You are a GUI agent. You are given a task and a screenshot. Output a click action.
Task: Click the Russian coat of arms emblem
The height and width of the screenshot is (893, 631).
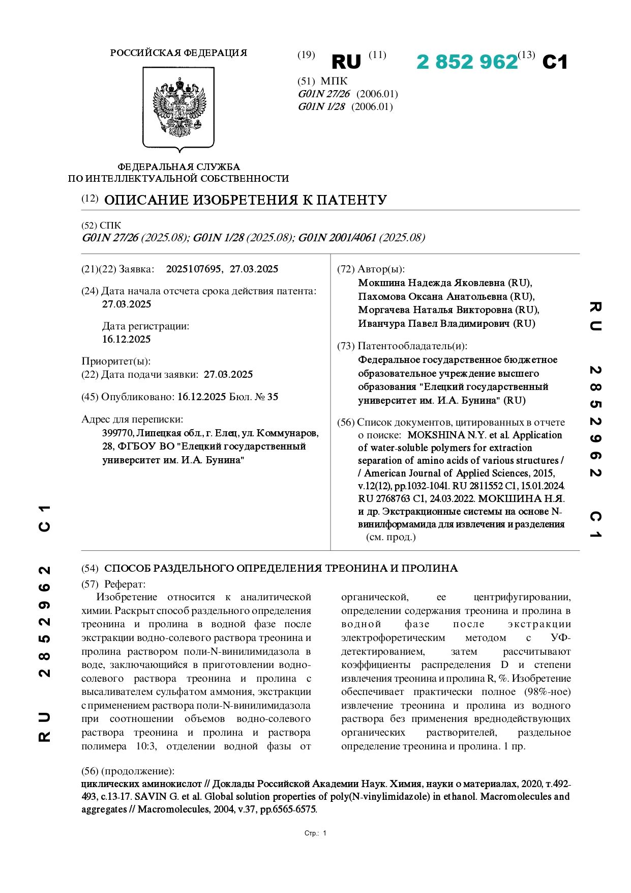click(x=178, y=109)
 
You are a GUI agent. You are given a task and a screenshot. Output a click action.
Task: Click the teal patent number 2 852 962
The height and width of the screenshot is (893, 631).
click(x=467, y=62)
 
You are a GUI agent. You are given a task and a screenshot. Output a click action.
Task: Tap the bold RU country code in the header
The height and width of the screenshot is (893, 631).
click(x=346, y=62)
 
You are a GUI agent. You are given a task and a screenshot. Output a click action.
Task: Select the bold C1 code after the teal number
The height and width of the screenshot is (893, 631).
click(x=555, y=62)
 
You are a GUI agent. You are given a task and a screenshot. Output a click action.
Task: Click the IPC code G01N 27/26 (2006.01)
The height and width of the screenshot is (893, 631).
click(x=347, y=94)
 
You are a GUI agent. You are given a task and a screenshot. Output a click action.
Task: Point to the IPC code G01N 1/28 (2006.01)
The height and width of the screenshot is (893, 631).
click(x=345, y=107)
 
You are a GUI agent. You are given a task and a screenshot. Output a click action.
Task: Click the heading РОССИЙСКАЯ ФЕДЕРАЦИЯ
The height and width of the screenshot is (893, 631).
click(x=178, y=53)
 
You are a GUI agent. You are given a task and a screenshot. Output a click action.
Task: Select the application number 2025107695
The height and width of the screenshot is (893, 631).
click(x=193, y=269)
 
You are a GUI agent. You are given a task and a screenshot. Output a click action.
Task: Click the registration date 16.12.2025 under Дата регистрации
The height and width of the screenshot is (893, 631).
click(x=127, y=339)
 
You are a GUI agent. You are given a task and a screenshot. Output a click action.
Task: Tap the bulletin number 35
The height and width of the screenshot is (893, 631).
click(x=273, y=397)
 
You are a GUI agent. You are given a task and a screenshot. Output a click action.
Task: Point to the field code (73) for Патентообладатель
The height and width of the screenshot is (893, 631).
click(x=346, y=346)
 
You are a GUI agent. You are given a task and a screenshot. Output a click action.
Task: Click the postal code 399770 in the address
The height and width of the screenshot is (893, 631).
click(x=117, y=433)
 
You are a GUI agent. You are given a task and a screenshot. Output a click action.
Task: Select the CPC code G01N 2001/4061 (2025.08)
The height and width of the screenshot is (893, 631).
click(x=361, y=238)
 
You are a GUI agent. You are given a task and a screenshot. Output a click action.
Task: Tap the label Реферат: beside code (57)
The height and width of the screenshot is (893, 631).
click(x=125, y=584)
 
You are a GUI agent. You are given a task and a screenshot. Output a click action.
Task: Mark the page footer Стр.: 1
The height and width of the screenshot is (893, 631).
click(x=315, y=833)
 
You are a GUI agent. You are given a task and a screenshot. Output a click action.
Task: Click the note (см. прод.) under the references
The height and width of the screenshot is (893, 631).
click(x=390, y=537)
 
